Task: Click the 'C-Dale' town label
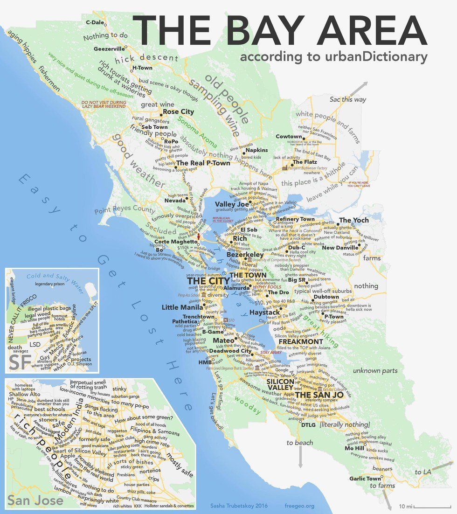click(95, 22)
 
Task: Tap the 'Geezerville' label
click(109, 49)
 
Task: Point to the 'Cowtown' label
click(289, 137)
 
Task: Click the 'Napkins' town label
click(256, 150)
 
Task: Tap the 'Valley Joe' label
click(230, 204)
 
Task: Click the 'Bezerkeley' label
click(246, 256)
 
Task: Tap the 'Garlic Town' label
click(365, 479)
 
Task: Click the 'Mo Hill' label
click(354, 448)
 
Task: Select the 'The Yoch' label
click(353, 220)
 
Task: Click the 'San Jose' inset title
click(29, 501)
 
